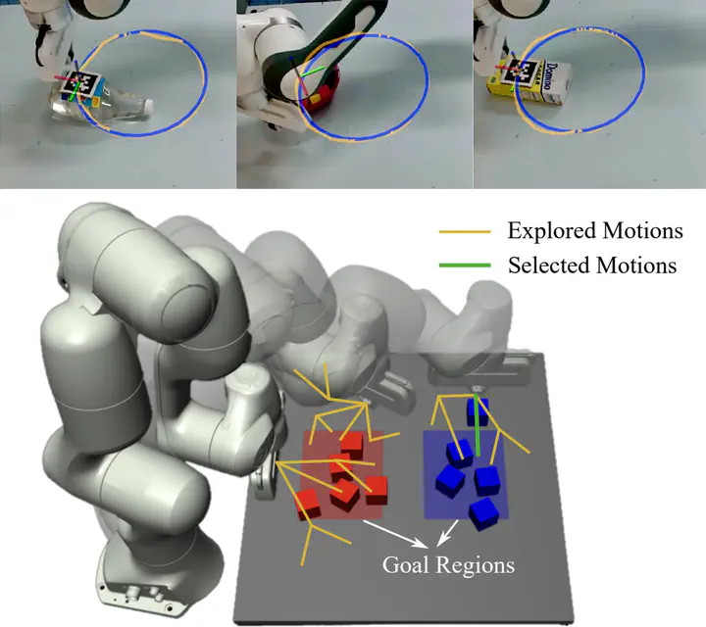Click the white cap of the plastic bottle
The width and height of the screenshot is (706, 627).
(147, 106)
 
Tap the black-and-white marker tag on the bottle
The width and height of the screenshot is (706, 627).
(81, 83)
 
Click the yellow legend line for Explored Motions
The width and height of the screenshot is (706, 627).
(465, 231)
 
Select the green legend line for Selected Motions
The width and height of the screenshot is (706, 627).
(465, 265)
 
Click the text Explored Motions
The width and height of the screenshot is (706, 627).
(595, 231)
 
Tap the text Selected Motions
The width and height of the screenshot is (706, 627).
(592, 265)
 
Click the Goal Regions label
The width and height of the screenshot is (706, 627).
(448, 565)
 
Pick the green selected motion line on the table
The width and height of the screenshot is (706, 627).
(477, 424)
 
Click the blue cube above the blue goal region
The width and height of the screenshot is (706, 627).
(478, 411)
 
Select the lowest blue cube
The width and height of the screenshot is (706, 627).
(483, 514)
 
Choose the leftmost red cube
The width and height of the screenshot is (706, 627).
(308, 505)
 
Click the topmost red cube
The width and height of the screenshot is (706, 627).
(352, 445)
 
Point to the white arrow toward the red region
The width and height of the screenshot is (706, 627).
(395, 534)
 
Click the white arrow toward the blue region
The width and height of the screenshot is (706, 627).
(448, 533)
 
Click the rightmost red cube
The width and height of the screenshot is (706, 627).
(376, 490)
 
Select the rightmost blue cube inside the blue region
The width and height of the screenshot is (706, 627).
(486, 480)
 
